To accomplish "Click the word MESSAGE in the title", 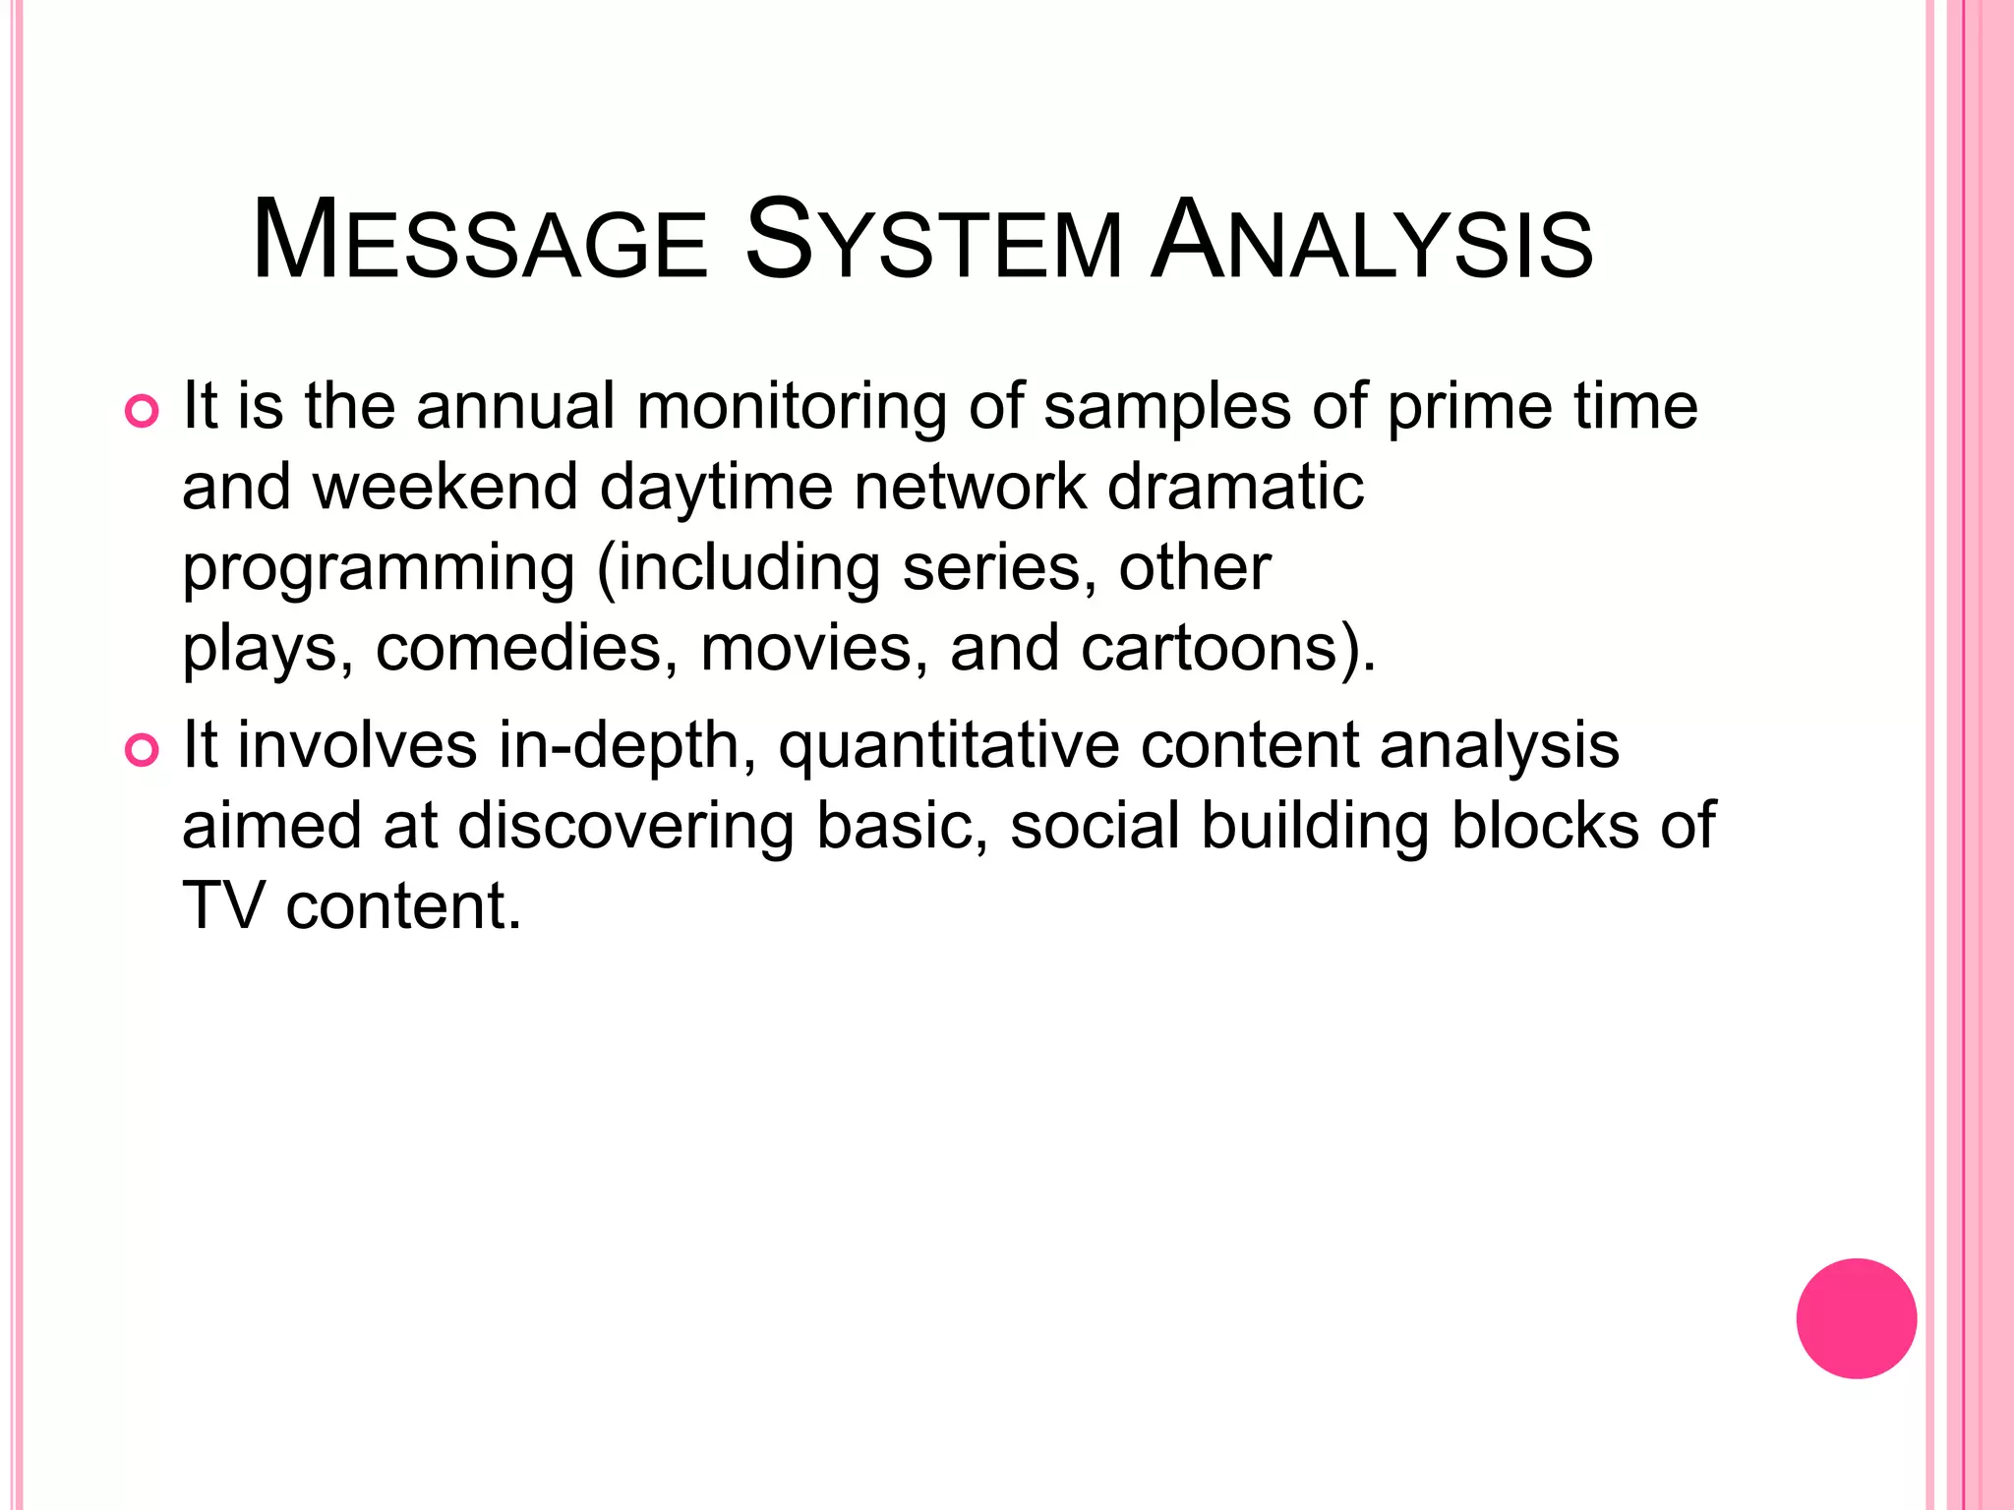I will coord(479,242).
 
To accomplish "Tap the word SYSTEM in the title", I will coord(933,242).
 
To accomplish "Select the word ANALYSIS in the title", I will coord(1372,242).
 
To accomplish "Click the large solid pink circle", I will coord(1856,1318).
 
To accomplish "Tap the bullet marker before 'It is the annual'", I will coord(142,412).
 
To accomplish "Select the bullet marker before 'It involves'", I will coord(142,751).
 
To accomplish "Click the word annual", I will coord(515,406).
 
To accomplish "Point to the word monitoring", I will coord(792,406).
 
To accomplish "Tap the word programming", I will coord(379,569).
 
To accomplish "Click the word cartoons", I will coord(1219,649).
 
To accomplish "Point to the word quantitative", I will coord(948,745).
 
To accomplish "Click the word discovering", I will coord(625,826).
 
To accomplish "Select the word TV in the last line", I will coord(223,905).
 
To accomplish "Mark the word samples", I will coord(1166,406).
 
